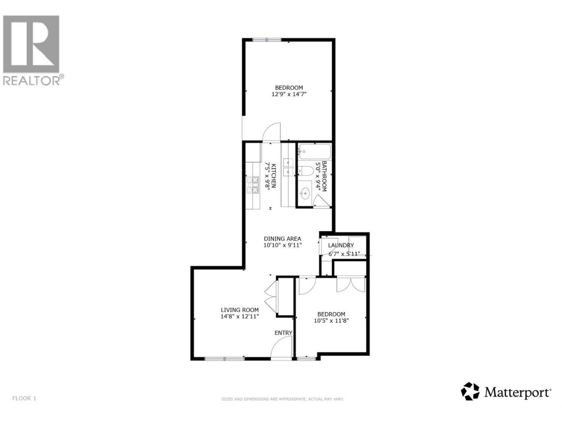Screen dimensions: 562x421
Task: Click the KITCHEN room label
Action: click(x=274, y=175)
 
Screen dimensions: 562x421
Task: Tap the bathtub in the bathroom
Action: click(x=315, y=152)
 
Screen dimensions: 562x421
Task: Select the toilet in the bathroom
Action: click(x=306, y=171)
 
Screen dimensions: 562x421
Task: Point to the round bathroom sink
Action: click(x=305, y=193)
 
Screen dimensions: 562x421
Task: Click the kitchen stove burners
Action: click(x=252, y=185)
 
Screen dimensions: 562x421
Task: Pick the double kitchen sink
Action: click(x=288, y=167)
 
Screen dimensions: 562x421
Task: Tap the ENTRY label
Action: click(x=283, y=332)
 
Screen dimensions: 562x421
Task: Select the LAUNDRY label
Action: click(x=341, y=245)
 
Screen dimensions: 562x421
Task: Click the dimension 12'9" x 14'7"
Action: click(x=289, y=94)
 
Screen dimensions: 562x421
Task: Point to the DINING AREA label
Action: click(x=282, y=239)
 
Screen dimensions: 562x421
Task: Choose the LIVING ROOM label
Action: click(x=240, y=310)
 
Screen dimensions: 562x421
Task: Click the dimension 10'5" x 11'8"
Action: click(x=331, y=321)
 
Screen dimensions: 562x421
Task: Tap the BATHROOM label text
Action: click(x=324, y=176)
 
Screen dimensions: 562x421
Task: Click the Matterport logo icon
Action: click(x=470, y=398)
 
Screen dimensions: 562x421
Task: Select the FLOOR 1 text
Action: click(x=24, y=405)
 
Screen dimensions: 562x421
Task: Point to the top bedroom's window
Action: click(x=267, y=39)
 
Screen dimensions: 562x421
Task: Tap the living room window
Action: click(x=224, y=359)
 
